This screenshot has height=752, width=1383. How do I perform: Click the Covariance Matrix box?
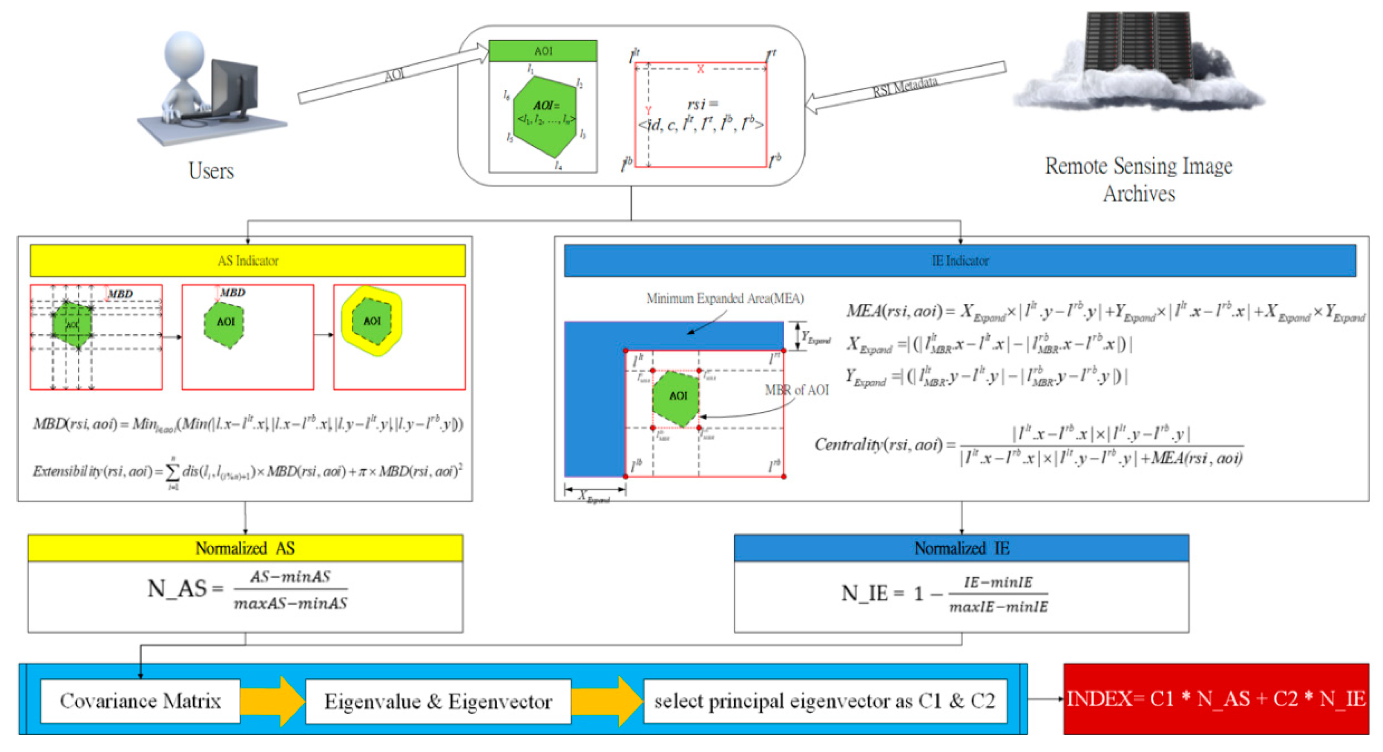[x=140, y=700]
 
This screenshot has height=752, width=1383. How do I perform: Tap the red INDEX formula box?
[x=1216, y=698]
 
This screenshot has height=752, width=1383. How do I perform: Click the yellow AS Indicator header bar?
[x=247, y=261]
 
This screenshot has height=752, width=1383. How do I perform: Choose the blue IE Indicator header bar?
[x=960, y=261]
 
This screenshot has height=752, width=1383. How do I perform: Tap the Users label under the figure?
[x=211, y=171]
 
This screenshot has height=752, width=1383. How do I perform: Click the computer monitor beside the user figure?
[x=235, y=86]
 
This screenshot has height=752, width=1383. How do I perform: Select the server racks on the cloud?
[x=1138, y=45]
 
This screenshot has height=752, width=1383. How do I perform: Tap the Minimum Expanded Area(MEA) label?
[x=725, y=298]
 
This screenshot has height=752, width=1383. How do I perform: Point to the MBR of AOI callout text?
[x=797, y=390]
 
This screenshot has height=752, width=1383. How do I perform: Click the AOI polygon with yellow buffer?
[x=372, y=321]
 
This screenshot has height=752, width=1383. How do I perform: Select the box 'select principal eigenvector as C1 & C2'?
[x=825, y=701]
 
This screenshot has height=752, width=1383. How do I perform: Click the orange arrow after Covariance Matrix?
[x=272, y=701]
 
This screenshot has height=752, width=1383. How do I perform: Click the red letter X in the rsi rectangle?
[x=700, y=69]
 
